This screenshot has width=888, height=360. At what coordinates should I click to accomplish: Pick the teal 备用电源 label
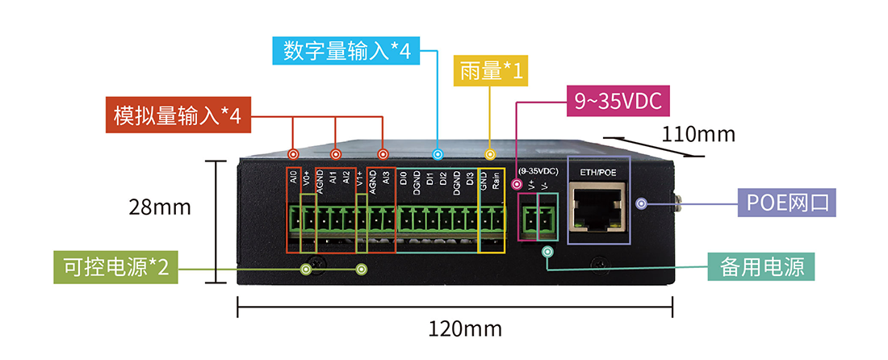pyautogui.click(x=761, y=266)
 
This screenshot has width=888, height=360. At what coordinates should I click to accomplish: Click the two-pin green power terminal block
pyautogui.click(x=537, y=219)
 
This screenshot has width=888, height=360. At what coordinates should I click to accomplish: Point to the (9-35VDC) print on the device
pyautogui.click(x=538, y=172)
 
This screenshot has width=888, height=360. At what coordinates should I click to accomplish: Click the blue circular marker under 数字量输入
pyautogui.click(x=438, y=154)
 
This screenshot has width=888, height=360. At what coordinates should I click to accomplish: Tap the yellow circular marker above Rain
pyautogui.click(x=488, y=154)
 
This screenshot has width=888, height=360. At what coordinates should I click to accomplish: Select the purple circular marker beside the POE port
pyautogui.click(x=642, y=203)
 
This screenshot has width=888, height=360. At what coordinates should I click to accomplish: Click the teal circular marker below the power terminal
pyautogui.click(x=547, y=252)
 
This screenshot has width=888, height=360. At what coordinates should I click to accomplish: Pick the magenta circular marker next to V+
pyautogui.click(x=517, y=185)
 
